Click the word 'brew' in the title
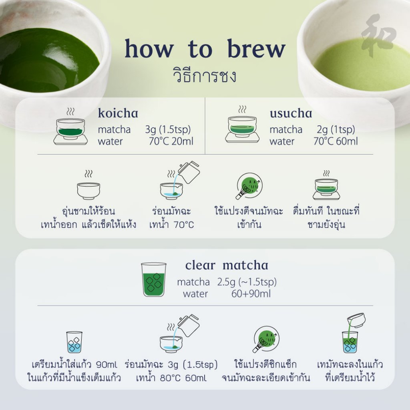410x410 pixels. click(256, 48)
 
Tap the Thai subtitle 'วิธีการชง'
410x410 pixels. click(205, 75)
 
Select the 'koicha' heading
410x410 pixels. click(118, 113)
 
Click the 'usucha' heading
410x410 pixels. click(291, 113)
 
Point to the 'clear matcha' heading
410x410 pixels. click(227, 265)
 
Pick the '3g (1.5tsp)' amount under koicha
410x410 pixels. click(168, 129)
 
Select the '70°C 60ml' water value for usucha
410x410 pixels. click(336, 141)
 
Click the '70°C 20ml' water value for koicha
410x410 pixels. click(171, 141)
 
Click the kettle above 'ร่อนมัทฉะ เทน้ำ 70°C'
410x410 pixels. click(189, 172)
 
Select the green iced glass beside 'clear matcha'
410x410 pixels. click(154, 279)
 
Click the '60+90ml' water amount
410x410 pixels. click(251, 293)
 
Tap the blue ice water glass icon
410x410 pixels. click(74, 342)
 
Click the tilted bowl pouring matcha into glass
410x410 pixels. click(356, 320)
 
